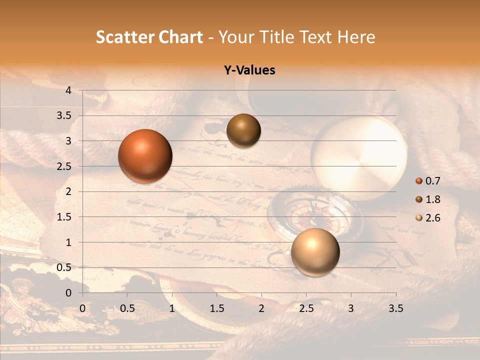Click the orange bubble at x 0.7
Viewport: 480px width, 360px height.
pos(145,156)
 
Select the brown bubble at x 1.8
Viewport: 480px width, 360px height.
pos(243,130)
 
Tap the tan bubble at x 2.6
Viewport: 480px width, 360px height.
pos(315,252)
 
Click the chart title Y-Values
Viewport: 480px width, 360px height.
pos(249,70)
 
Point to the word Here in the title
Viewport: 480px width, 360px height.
pos(356,37)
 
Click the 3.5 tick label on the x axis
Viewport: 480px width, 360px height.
pos(396,308)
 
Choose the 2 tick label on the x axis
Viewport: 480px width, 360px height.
pos(261,308)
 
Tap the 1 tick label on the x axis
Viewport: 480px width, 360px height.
pos(172,308)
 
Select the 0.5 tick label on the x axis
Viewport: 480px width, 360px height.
pos(127,308)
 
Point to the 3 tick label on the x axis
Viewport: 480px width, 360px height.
pos(351,308)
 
